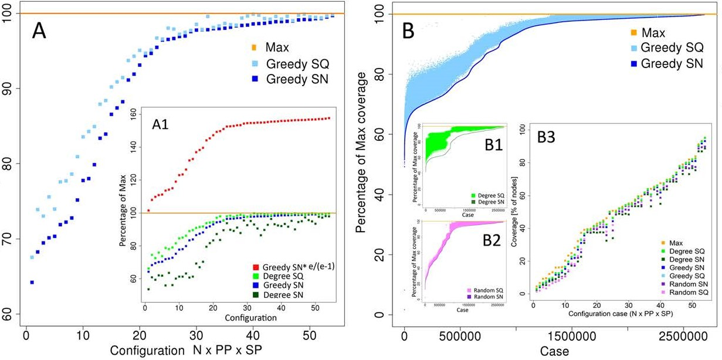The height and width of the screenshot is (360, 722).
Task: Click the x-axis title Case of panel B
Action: tap(554, 352)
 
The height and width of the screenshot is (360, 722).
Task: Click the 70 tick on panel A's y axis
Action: tap(10, 239)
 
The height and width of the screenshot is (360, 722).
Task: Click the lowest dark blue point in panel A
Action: tap(32, 282)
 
